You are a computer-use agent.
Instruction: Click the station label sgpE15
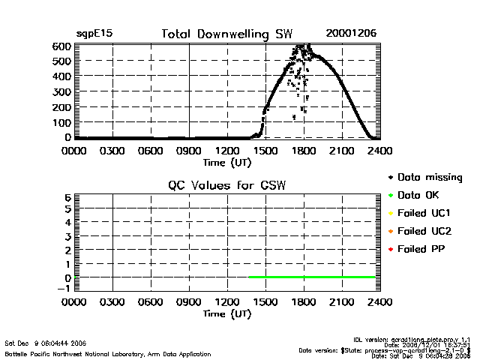(94, 34)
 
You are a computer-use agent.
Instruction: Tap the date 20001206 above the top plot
(351, 34)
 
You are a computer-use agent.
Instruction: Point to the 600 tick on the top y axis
(61, 46)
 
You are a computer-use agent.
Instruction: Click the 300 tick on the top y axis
(61, 91)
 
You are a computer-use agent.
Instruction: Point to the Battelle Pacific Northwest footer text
(108, 354)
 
